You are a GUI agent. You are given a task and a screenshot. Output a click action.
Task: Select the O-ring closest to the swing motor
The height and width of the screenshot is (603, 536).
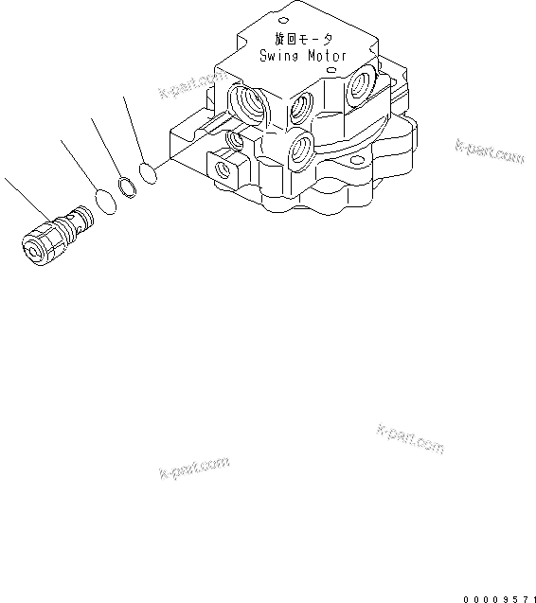[147, 172]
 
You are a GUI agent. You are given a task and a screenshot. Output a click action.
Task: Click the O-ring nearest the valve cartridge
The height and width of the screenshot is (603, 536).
[106, 202]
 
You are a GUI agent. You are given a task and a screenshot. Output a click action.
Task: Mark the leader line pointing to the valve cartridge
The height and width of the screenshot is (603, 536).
[24, 200]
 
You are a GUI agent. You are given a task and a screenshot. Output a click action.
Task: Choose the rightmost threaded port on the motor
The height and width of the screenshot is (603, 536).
[360, 87]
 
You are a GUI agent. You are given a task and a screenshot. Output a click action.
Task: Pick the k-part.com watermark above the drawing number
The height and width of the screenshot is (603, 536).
[410, 437]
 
